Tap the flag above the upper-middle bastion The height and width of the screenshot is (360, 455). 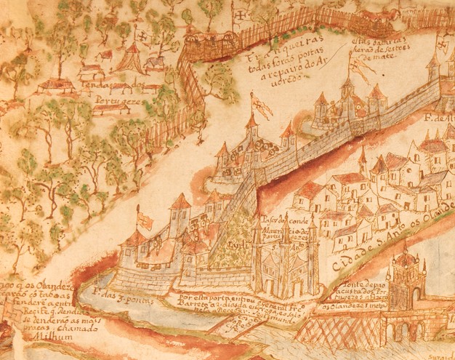point(262,106)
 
